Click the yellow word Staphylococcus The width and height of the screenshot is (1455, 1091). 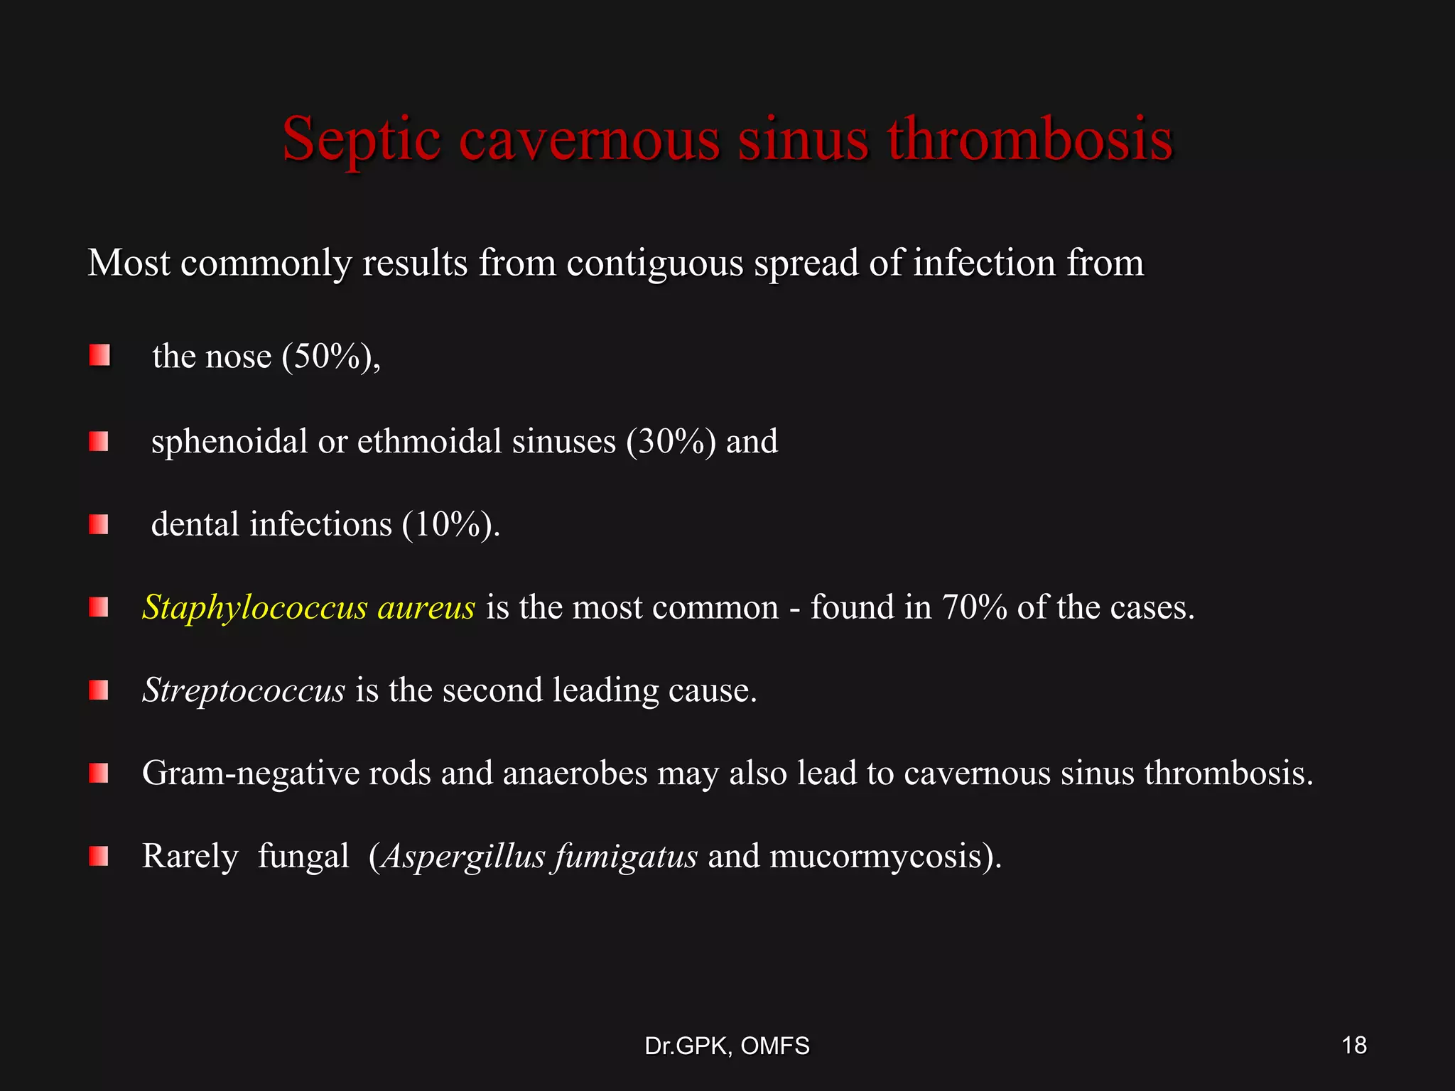tap(255, 608)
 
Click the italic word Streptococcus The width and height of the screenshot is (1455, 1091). tap(244, 690)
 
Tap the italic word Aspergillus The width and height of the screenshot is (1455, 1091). tap(463, 856)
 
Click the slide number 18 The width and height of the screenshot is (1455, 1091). tap(1354, 1045)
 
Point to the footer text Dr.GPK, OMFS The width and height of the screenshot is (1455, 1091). tap(727, 1046)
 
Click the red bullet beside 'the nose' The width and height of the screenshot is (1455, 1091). tap(99, 355)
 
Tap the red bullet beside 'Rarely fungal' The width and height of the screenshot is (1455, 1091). tap(99, 856)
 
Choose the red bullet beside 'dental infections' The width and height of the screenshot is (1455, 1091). tap(99, 525)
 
